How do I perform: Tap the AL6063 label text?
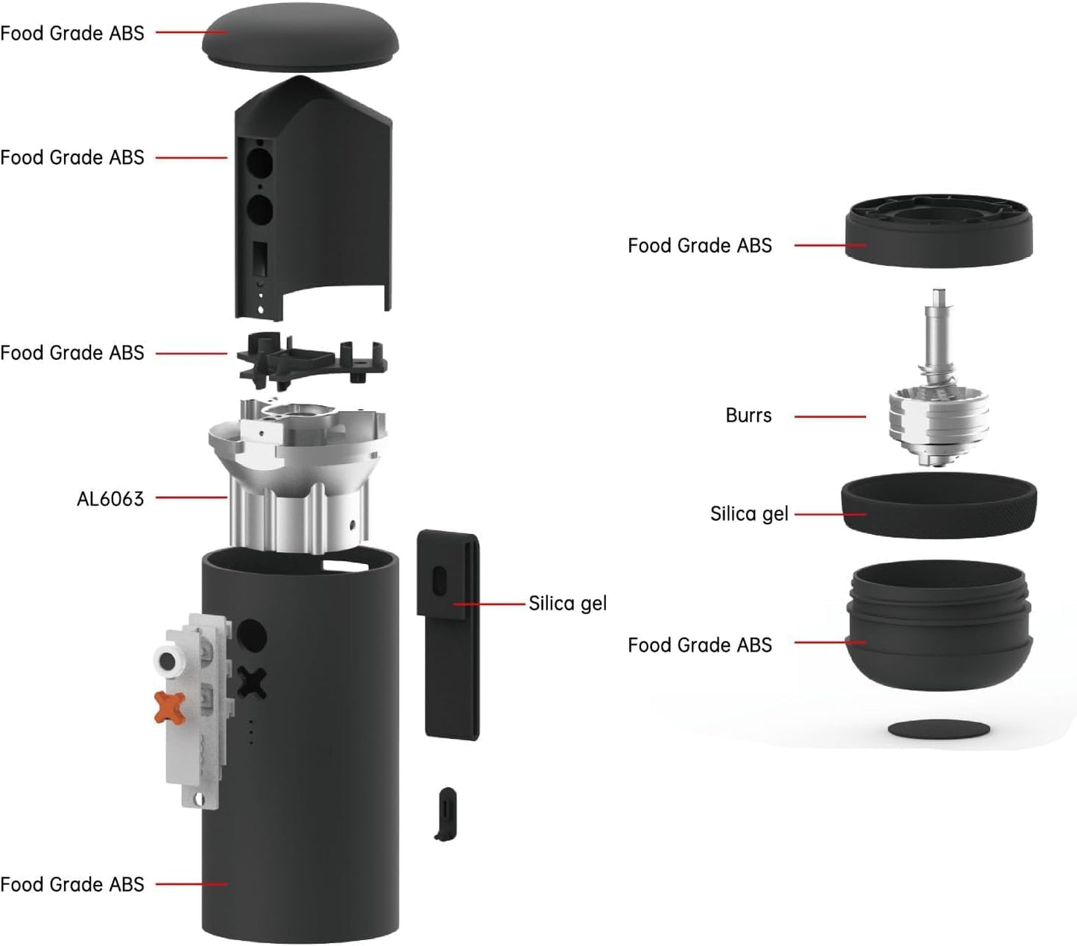point(110,498)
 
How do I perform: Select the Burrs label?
point(748,416)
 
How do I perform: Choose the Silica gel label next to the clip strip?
point(567,603)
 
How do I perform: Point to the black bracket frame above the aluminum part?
point(312,361)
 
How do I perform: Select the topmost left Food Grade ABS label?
point(72,33)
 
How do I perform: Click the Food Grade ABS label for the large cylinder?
point(72,884)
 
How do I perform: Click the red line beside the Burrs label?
point(830,416)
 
